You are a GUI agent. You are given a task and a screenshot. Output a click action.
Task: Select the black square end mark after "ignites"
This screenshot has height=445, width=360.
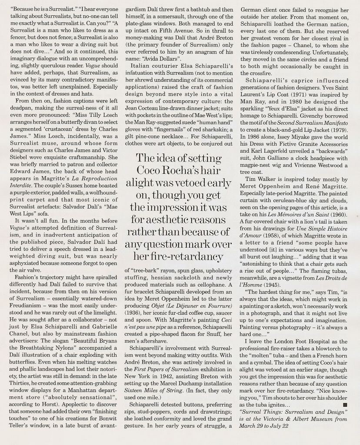[345, 404]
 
